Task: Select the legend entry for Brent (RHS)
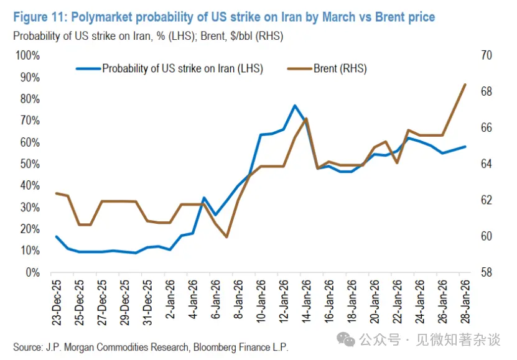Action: coord(340,69)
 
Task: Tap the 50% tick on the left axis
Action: coord(29,164)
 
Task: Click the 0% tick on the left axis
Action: coord(32,272)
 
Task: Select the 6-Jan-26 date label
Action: coord(215,305)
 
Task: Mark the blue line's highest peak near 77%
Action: coord(294,106)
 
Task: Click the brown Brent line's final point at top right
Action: coord(465,84)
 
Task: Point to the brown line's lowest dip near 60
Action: coord(227,236)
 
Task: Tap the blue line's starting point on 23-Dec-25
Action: coord(57,236)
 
